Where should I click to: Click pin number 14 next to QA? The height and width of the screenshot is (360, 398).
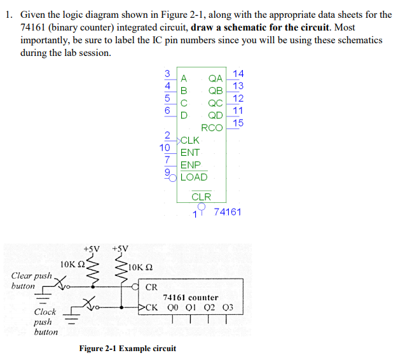[x=238, y=74]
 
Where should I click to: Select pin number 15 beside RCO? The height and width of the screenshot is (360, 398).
[x=238, y=123]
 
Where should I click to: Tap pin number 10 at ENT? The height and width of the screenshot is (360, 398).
[x=165, y=147]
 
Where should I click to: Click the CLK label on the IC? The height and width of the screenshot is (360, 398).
[x=190, y=140]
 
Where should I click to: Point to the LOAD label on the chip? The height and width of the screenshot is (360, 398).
[x=194, y=177]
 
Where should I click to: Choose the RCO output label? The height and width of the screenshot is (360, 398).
[x=212, y=127]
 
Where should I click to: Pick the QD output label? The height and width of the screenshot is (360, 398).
[x=216, y=115]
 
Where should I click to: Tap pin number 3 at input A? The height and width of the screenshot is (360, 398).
[x=167, y=73]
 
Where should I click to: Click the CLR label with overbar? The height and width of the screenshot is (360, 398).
[x=201, y=197]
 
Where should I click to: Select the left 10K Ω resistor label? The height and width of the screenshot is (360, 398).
[x=72, y=263]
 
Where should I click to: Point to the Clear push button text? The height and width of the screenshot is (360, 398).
[x=31, y=280]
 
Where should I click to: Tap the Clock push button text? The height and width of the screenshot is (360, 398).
[x=45, y=321]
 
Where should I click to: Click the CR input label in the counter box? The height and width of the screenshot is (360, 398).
[x=151, y=287]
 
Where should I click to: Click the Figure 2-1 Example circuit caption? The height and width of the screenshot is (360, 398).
[x=127, y=348]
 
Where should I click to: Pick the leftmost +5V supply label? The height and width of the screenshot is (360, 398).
[x=92, y=248]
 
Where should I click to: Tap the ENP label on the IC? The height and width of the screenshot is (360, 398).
[x=190, y=165]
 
